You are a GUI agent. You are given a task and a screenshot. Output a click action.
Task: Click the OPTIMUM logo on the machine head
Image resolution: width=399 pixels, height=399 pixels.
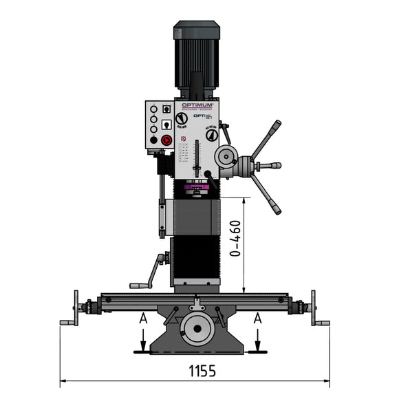[x=197, y=105]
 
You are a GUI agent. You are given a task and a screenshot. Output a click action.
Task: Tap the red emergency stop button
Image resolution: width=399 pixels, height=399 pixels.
[x=166, y=140]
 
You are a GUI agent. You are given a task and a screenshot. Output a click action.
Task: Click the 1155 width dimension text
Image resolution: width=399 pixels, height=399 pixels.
[x=202, y=371]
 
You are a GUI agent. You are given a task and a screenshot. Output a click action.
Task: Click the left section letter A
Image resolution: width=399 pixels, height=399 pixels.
[x=142, y=319]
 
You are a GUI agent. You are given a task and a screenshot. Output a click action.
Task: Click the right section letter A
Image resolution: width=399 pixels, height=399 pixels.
[x=257, y=319]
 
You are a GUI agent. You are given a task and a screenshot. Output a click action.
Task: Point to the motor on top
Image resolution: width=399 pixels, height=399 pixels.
[x=197, y=55]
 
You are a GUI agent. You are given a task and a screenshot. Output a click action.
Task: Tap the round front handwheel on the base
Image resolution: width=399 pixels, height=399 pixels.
[x=197, y=329]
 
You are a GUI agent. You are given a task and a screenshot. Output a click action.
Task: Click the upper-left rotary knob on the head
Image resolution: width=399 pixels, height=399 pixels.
[x=181, y=119]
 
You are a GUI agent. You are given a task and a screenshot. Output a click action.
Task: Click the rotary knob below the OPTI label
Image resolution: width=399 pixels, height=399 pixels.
[x=212, y=135]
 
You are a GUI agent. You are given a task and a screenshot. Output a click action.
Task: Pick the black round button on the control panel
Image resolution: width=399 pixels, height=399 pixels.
[x=153, y=140]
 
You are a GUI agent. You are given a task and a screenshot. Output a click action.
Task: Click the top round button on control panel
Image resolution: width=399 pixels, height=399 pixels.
[x=153, y=109]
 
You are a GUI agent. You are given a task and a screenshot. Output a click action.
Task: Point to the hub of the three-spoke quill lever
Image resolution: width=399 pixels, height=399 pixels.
[x=246, y=166]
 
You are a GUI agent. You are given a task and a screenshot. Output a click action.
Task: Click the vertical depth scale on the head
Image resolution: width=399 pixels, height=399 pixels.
[x=197, y=158]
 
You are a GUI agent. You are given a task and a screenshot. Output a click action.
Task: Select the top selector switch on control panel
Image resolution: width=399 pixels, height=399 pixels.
[x=166, y=109]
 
